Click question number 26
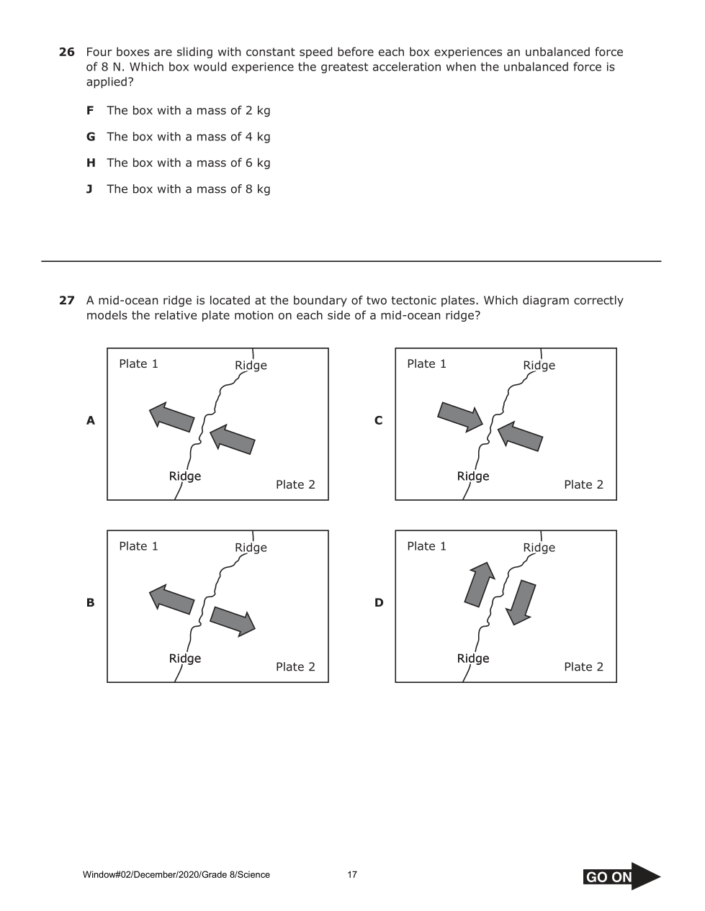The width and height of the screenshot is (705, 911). pos(66,52)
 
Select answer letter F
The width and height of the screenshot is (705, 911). pos(90,110)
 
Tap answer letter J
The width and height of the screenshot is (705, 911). pos(89,189)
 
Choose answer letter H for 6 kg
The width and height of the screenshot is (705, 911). pos(91,163)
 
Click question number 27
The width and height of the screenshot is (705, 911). pos(66,300)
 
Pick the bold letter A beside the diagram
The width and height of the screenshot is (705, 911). pos(90,420)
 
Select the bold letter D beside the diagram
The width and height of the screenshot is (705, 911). pos(379,602)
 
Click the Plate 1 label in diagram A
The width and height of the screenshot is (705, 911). pos(138,363)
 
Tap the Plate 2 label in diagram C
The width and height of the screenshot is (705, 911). pos(583,484)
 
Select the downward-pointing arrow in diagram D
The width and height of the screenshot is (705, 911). pos(521,602)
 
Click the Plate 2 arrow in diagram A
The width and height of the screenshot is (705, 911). pos(233,439)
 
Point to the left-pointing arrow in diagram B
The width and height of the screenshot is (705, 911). pos(171,599)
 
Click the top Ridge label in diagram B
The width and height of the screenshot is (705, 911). pos(251,548)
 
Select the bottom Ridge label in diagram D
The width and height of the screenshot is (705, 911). pos(473,658)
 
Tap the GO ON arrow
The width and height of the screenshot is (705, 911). pos(621,876)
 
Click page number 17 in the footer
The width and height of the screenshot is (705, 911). pos(352,875)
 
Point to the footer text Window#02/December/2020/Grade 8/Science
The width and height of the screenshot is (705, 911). pos(176,875)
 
